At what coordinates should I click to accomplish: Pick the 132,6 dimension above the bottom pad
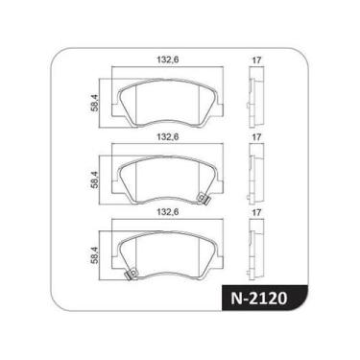(165, 212)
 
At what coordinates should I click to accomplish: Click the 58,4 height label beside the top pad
(94, 101)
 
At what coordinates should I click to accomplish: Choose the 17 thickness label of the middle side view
(256, 138)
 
